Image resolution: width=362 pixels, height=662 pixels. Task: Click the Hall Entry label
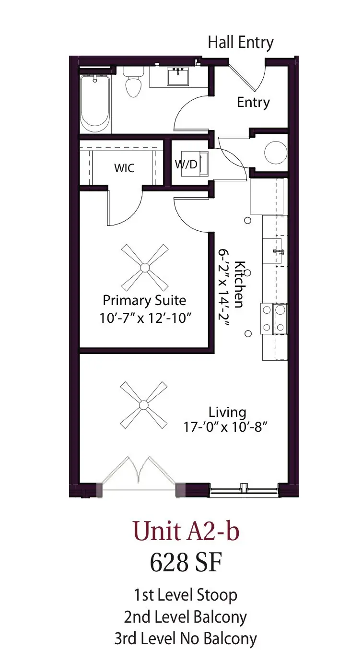(x=240, y=42)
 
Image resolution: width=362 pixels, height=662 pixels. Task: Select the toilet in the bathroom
(x=133, y=83)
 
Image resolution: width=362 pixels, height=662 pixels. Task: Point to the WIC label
(x=124, y=168)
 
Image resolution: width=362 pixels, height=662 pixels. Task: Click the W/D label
(x=186, y=165)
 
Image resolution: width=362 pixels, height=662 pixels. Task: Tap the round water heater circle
(x=276, y=152)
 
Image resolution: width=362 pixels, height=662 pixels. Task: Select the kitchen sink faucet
(x=277, y=251)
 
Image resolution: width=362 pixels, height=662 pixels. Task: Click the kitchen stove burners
(x=274, y=318)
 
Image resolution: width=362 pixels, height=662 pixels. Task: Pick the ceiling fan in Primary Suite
(x=144, y=266)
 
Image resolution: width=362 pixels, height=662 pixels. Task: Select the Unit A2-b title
(x=186, y=532)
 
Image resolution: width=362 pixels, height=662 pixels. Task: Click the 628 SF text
(x=186, y=562)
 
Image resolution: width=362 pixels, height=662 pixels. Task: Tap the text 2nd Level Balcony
(x=185, y=617)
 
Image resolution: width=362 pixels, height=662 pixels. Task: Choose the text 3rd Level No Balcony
(x=185, y=638)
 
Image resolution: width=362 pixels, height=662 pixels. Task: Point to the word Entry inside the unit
(x=253, y=102)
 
